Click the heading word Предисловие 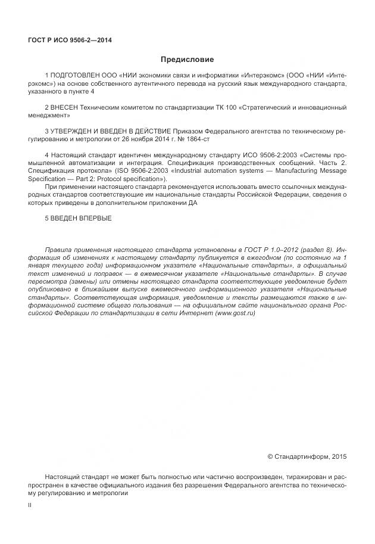187,60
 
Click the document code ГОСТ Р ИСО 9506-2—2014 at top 70,41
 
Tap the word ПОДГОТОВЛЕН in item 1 76,77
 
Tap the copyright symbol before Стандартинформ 270,457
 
